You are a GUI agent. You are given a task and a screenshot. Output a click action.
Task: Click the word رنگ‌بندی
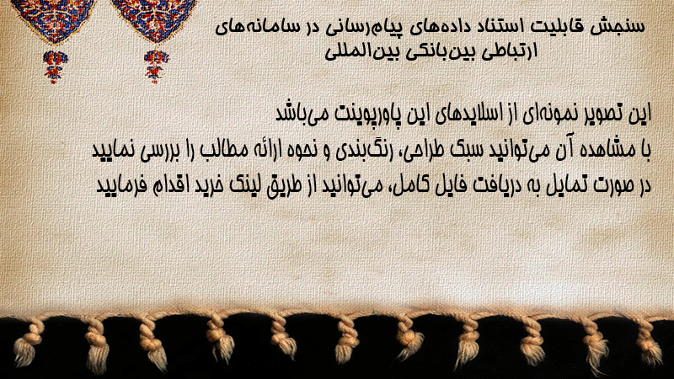(x=360, y=151)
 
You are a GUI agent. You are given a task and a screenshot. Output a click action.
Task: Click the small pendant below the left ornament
(x=55, y=67)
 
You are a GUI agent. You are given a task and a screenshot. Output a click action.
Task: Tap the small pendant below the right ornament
(x=156, y=67)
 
